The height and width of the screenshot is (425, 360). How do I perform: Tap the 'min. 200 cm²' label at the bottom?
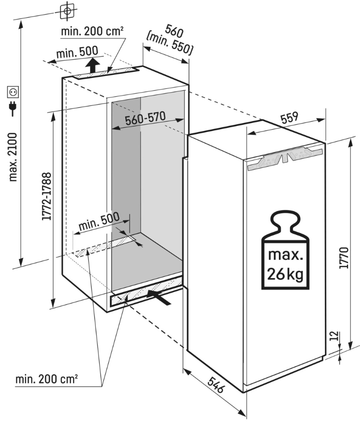46,379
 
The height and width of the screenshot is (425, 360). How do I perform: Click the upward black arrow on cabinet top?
93,64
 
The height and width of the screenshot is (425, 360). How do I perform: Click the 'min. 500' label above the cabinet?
77,51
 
